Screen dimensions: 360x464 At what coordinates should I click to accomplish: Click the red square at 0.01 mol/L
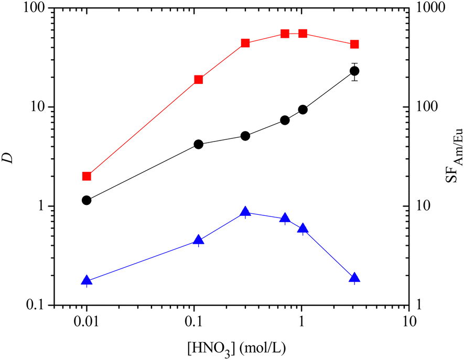(x=87, y=176)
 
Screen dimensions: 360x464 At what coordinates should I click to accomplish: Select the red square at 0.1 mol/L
(x=199, y=80)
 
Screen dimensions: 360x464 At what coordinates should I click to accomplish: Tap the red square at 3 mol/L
(x=354, y=45)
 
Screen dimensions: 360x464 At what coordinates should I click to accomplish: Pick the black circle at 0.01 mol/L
(x=87, y=200)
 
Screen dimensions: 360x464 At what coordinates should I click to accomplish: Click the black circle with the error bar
(x=354, y=71)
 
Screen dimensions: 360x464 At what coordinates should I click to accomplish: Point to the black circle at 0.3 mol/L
(x=245, y=136)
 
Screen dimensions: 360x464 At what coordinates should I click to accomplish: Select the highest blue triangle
(x=245, y=212)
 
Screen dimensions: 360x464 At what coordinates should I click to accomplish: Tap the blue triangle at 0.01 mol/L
(x=87, y=280)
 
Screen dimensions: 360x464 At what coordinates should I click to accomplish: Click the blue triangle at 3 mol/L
(x=354, y=278)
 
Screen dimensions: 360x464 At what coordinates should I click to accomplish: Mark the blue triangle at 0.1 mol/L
(x=199, y=240)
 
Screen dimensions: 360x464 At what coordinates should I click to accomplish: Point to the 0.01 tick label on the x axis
(x=87, y=320)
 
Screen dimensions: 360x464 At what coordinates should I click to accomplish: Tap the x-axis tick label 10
(x=408, y=320)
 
